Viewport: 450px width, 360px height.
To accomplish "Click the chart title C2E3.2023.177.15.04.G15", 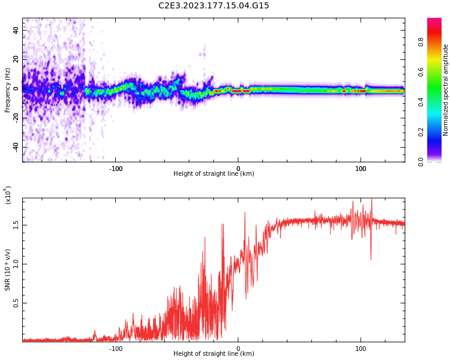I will coord(214,5).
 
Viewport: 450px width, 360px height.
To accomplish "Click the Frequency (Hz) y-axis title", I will coord(8,90).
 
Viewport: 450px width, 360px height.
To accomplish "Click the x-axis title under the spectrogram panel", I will coord(214,174).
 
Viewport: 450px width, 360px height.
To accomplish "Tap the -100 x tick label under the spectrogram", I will coord(116,168).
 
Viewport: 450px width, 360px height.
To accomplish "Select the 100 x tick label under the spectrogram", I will coord(361,168).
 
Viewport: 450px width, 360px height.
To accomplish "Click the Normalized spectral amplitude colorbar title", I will coord(446,90).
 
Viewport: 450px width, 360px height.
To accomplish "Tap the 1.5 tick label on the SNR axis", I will coord(16,225).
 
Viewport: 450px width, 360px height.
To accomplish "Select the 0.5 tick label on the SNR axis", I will coord(16,303).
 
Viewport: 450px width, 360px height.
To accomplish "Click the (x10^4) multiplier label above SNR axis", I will coord(8,196).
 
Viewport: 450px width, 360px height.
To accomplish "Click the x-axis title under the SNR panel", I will coord(214,354).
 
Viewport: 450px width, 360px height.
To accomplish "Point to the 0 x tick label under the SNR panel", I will coord(238,348).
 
